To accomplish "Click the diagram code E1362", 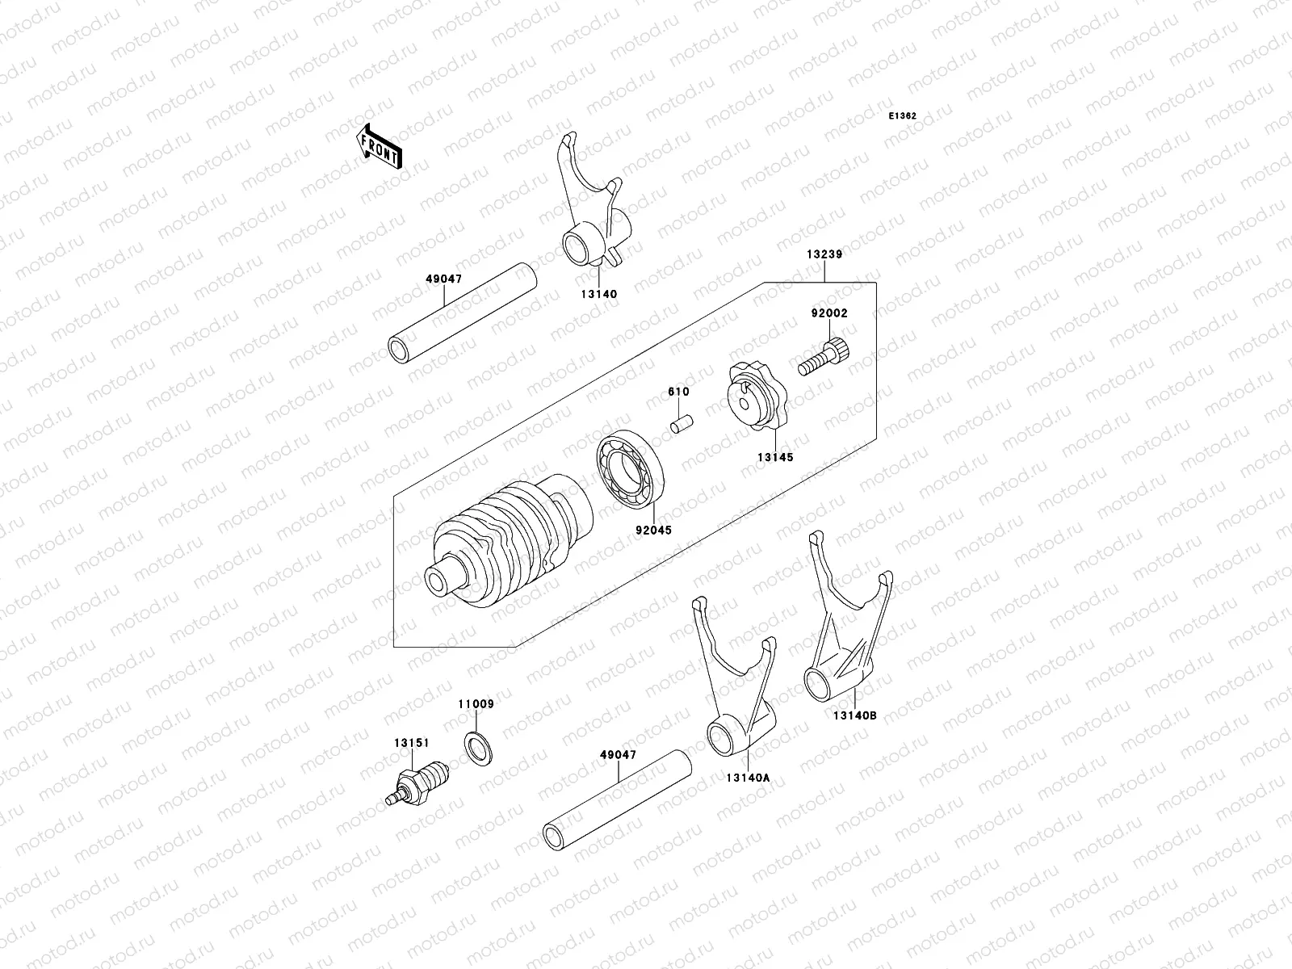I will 903,116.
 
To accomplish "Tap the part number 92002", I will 829,313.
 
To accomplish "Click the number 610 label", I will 678,392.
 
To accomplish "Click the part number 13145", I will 774,457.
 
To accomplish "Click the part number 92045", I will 653,531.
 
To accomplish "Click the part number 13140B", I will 856,714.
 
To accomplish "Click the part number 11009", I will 476,704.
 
